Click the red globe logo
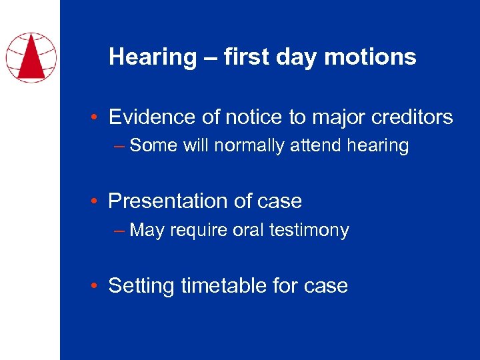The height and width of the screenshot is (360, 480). pos(31,57)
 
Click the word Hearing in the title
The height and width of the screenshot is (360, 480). pos(153,57)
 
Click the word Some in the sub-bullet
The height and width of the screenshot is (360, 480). pos(153,145)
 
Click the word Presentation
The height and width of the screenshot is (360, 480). pos(168,201)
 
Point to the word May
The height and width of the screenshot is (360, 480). pos(147,230)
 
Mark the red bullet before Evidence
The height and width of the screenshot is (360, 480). pos(96,119)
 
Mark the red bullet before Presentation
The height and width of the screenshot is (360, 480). pos(96,202)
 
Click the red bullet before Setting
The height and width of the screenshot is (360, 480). pos(96,287)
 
